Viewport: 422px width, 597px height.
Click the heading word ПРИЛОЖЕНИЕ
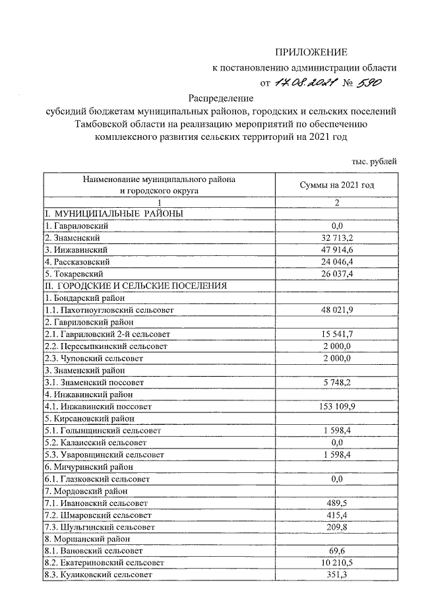[x=311, y=52]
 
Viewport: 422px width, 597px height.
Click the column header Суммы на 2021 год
[x=337, y=185]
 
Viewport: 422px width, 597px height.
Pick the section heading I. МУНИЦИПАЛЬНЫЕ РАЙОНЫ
[x=113, y=214]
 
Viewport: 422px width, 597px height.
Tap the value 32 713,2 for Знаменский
[x=337, y=237]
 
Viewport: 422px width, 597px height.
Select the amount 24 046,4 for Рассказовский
[x=337, y=262]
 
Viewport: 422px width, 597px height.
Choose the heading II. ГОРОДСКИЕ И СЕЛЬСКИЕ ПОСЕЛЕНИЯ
[x=136, y=286]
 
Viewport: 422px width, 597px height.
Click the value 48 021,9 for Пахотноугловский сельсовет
[x=337, y=309]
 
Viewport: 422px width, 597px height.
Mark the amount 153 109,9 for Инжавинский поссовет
[x=337, y=406]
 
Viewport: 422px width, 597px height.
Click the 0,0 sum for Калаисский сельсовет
[x=337, y=442]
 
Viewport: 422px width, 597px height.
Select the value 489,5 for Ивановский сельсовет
[x=337, y=503]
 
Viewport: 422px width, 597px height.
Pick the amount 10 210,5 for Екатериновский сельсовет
[x=337, y=563]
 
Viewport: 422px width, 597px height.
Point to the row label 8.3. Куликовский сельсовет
[x=98, y=575]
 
